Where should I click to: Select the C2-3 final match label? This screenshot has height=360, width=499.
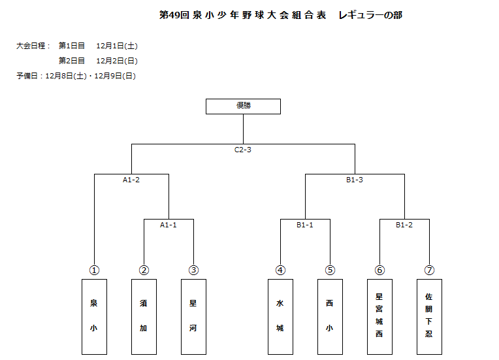coord(243,150)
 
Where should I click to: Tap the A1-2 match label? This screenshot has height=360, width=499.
coord(131,180)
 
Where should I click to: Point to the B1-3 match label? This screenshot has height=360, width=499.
coord(355,180)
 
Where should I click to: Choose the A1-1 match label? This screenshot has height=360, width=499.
coord(169,225)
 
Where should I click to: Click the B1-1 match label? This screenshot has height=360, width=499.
coord(305,225)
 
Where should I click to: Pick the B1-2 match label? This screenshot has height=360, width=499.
coord(404,225)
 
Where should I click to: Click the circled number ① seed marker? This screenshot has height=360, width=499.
coord(94,270)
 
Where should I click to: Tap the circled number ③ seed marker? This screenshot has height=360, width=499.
coord(193,270)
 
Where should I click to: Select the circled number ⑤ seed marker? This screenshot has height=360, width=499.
coord(330,270)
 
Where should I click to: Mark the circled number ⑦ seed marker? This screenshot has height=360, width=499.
coord(429,270)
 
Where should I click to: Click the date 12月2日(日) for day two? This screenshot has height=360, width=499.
coord(117,61)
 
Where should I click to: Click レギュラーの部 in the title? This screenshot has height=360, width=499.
coord(370,15)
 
